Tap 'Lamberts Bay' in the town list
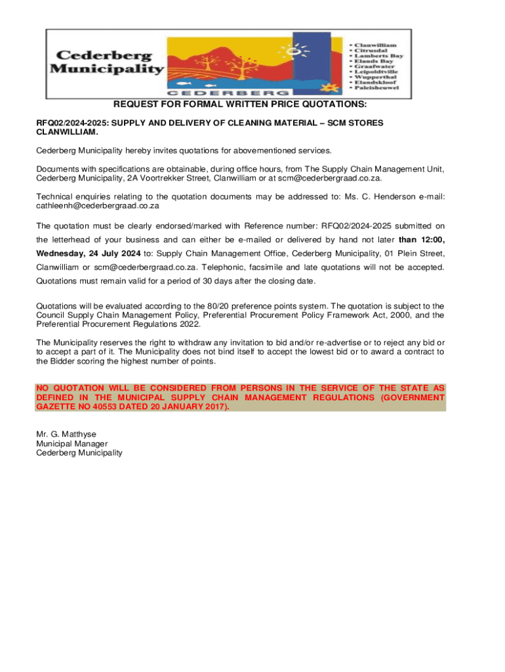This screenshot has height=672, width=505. point(380,56)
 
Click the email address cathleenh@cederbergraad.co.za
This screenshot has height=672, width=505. point(98,205)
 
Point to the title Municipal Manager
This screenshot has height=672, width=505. point(72,443)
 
